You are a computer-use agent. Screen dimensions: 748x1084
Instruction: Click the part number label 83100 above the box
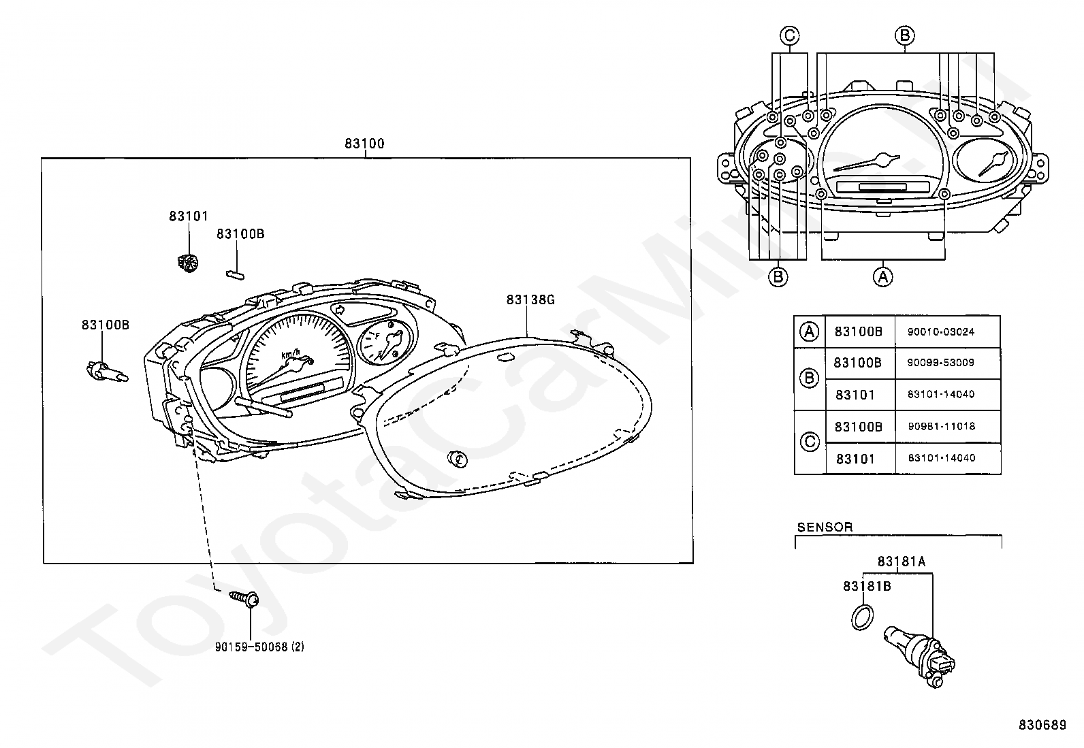(x=364, y=144)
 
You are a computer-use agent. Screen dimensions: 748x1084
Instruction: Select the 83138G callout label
(x=530, y=299)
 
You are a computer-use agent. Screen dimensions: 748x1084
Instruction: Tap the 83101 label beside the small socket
(x=189, y=216)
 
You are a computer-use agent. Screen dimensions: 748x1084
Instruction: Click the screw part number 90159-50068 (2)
(x=259, y=647)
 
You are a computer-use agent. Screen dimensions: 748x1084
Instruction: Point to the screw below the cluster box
(x=245, y=598)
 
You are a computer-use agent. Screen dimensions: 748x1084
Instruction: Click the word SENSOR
(x=825, y=527)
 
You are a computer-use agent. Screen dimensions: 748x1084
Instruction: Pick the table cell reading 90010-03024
(x=941, y=332)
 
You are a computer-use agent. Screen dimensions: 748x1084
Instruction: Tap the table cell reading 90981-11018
(x=941, y=426)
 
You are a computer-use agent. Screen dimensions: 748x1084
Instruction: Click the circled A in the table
(x=809, y=331)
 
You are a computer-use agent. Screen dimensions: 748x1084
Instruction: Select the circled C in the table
(x=810, y=442)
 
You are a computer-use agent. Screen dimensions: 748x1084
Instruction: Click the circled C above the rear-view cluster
(x=789, y=35)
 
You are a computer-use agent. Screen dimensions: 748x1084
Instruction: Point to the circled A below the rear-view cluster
(x=883, y=276)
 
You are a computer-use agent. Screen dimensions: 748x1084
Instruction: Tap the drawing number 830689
(x=1042, y=726)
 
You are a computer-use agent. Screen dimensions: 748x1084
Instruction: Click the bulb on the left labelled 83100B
(x=106, y=372)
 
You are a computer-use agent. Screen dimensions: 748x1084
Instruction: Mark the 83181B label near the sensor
(x=867, y=586)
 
